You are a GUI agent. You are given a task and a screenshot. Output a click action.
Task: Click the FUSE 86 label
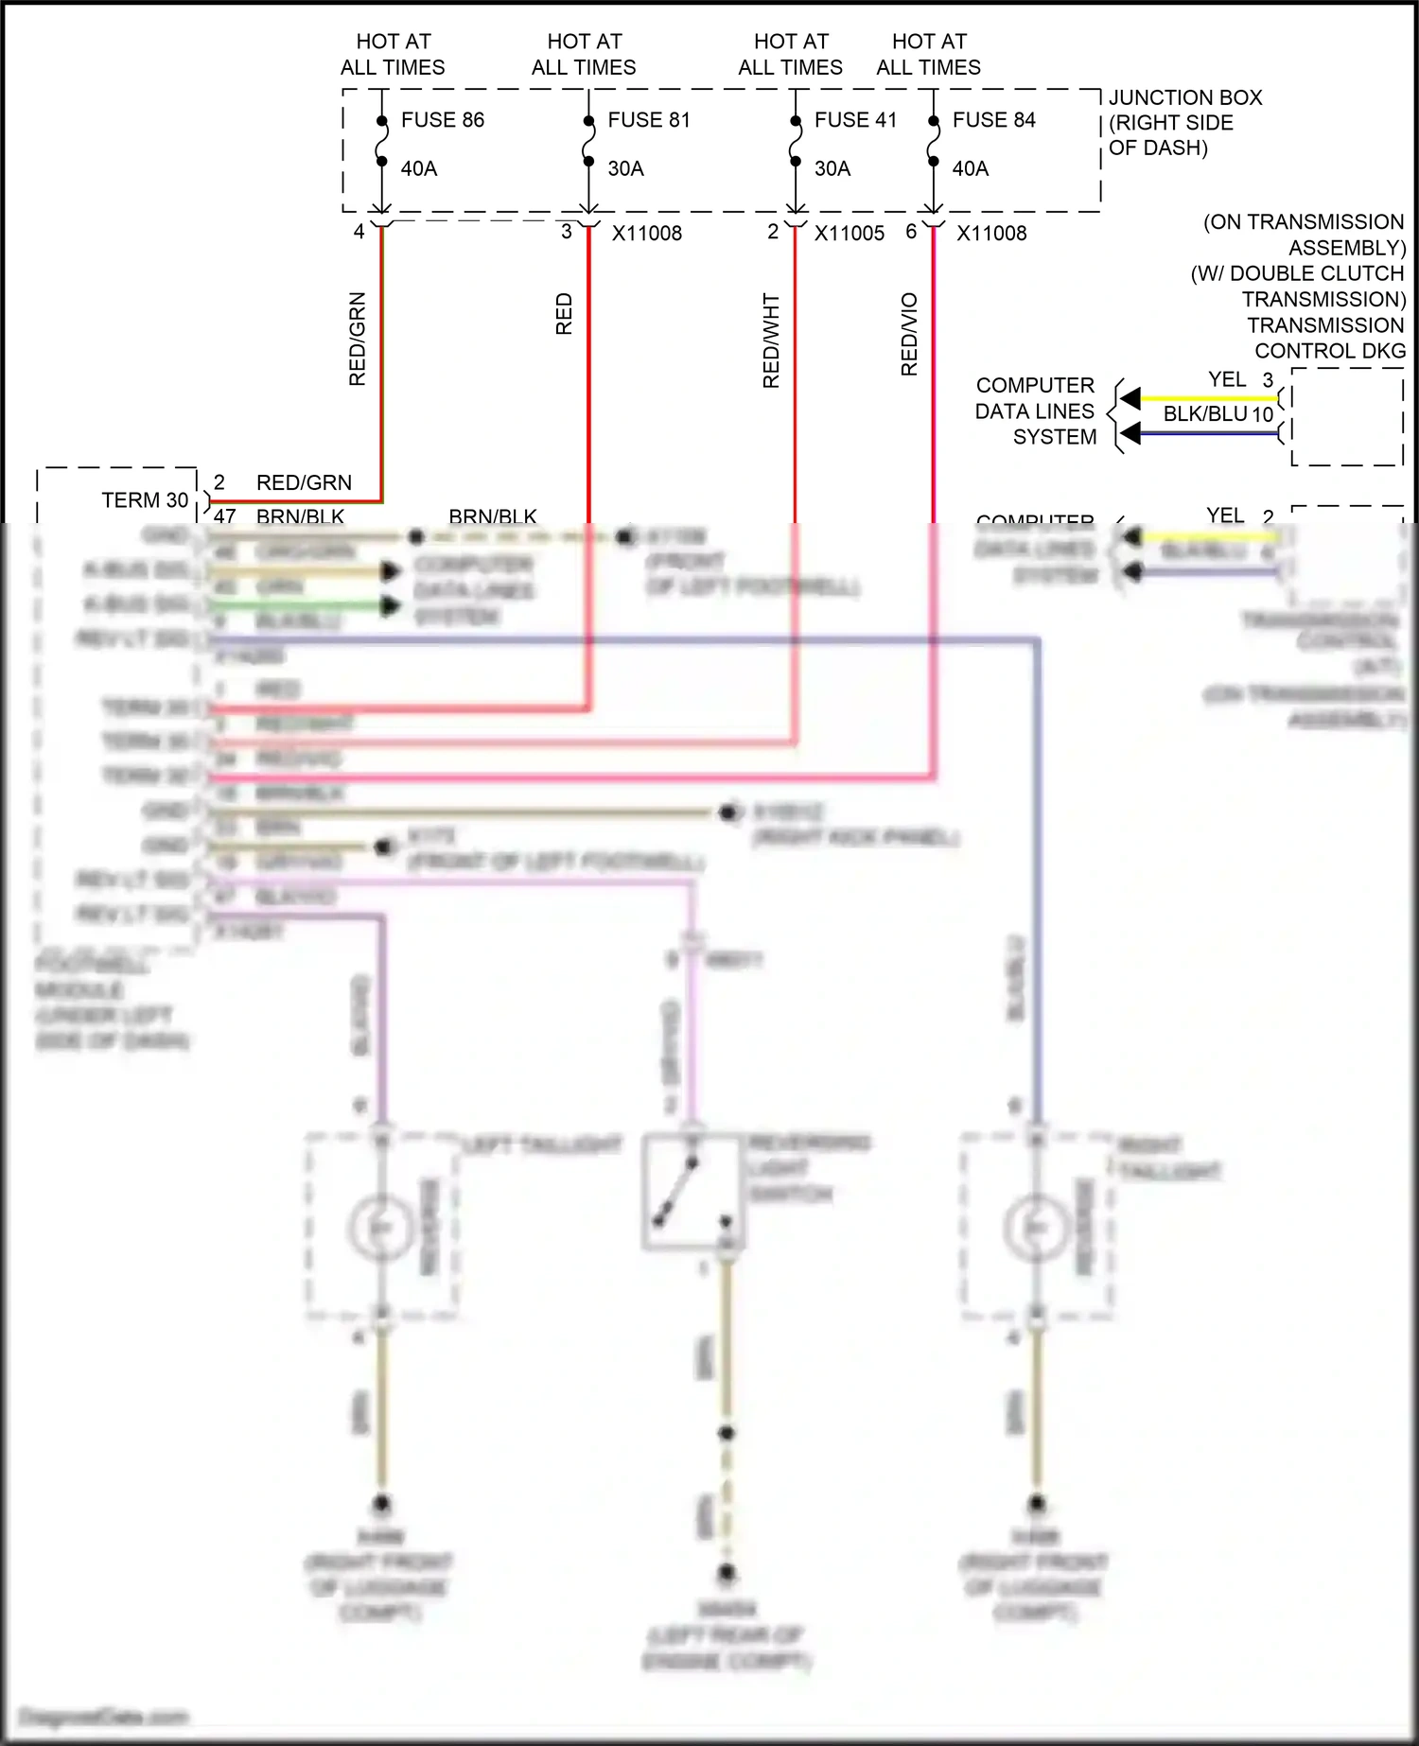tap(442, 120)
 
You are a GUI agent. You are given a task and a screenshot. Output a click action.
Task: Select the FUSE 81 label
tap(649, 120)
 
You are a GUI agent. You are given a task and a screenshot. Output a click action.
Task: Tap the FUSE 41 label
tap(855, 120)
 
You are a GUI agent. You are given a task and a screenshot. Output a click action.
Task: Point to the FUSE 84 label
tap(993, 120)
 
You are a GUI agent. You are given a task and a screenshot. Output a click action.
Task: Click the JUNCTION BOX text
tap(1184, 98)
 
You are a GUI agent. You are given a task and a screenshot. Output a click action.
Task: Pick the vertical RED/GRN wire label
tap(358, 339)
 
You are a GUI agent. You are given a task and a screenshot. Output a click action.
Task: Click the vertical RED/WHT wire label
tap(771, 340)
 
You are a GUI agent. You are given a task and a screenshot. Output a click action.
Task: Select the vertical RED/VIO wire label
tap(909, 334)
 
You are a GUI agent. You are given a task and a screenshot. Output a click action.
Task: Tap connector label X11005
tap(849, 234)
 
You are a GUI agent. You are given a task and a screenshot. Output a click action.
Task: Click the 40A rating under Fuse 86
tap(419, 169)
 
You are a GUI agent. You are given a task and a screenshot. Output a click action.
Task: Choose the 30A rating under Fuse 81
tap(625, 169)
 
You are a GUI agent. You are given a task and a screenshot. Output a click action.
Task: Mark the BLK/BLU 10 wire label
tap(1218, 414)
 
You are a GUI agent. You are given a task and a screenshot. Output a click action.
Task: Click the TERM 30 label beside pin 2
tap(145, 500)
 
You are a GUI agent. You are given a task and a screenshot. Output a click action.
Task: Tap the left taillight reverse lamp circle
tap(380, 1227)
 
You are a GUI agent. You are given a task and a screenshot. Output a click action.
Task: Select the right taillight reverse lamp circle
tap(1036, 1227)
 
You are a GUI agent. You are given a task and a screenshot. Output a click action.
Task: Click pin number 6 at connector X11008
tap(911, 232)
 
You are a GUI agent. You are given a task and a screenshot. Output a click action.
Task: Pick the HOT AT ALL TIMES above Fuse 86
tap(393, 54)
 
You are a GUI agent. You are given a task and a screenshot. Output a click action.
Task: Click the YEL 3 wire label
tap(1239, 379)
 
